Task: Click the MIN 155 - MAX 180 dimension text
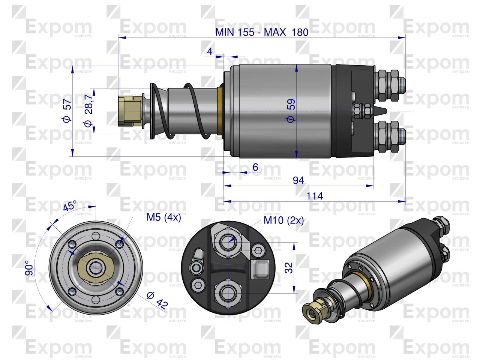pyautogui.click(x=262, y=32)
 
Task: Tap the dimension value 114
pyautogui.click(x=315, y=196)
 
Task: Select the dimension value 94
pyautogui.click(x=298, y=180)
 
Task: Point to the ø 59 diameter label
pyautogui.click(x=291, y=111)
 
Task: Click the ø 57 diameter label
pyautogui.click(x=67, y=111)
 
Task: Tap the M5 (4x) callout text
pyautogui.click(x=163, y=217)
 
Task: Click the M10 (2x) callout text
pyautogui.click(x=283, y=220)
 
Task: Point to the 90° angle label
pyautogui.click(x=29, y=268)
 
